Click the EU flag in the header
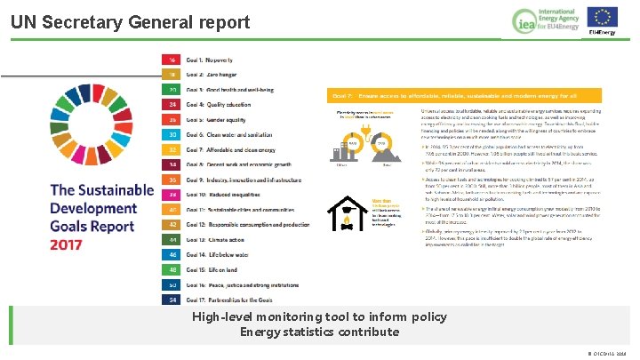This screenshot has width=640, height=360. (x=604, y=16)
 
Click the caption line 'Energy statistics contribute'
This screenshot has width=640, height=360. (x=319, y=332)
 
